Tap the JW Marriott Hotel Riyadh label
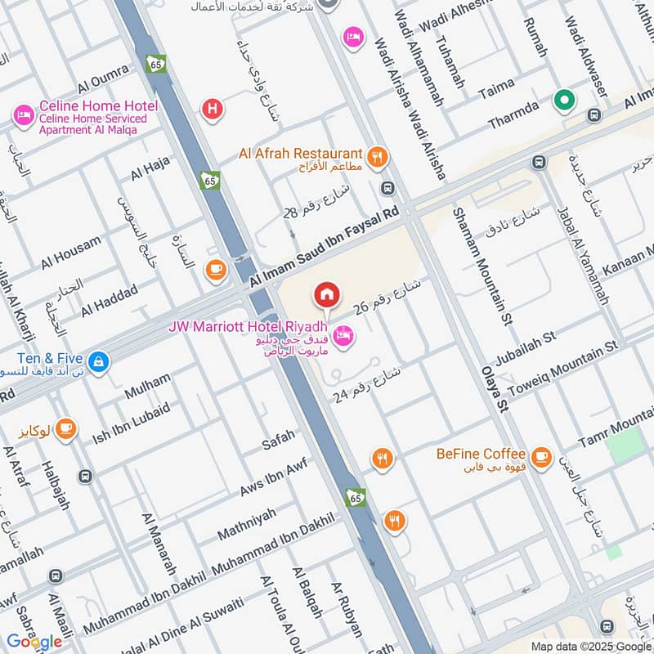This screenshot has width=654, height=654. [x=248, y=327]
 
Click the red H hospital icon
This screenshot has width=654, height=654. [x=213, y=107]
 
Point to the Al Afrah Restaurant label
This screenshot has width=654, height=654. [x=300, y=154]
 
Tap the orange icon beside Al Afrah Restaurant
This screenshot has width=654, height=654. [x=377, y=157]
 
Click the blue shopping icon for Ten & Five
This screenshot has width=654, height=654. [x=98, y=361]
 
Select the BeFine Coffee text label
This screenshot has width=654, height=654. [x=480, y=454]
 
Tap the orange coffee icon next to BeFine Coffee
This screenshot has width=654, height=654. [x=540, y=456]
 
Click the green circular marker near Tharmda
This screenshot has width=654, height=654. [x=564, y=101]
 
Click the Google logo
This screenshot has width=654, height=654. [x=35, y=641]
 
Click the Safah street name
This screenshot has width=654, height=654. [x=278, y=441]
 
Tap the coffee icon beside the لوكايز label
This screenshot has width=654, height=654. [x=65, y=427]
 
